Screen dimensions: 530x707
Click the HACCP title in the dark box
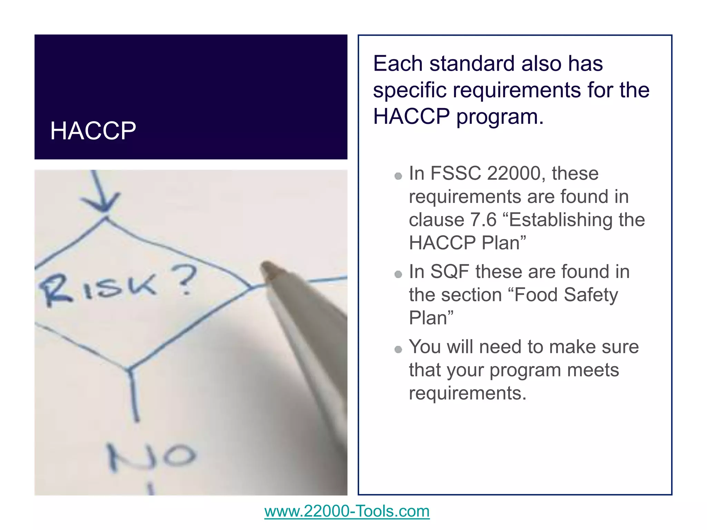pyautogui.click(x=93, y=131)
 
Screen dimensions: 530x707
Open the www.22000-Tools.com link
pyautogui.click(x=347, y=511)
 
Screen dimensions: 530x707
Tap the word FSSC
pyautogui.click(x=455, y=173)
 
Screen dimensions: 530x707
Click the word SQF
pyautogui.click(x=450, y=272)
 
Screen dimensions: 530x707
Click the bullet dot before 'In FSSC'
pyautogui.click(x=398, y=176)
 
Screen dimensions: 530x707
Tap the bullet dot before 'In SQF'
pyautogui.click(x=398, y=274)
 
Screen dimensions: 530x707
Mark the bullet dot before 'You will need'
pyautogui.click(x=398, y=350)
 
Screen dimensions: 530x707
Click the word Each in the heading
pyautogui.click(x=398, y=63)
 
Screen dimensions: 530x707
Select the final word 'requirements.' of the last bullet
pyautogui.click(x=468, y=393)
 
